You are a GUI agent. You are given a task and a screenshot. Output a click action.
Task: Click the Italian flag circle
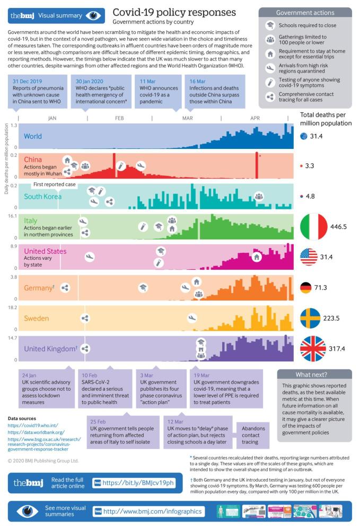point(313,226)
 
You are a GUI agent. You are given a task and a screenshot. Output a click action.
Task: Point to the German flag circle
point(306,288)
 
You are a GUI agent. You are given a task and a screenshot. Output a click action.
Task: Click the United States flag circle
point(309,257)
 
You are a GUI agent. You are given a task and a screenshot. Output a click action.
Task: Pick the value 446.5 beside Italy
point(338,226)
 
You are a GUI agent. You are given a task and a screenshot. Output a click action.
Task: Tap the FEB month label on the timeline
point(119,118)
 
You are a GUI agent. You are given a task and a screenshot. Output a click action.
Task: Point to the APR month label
point(254,118)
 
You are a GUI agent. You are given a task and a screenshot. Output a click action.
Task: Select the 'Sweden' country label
point(37,318)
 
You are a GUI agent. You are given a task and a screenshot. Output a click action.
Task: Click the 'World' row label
point(32,136)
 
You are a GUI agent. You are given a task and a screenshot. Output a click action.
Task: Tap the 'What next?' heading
point(314,374)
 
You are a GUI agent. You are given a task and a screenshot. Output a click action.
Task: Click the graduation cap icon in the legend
point(270,25)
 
